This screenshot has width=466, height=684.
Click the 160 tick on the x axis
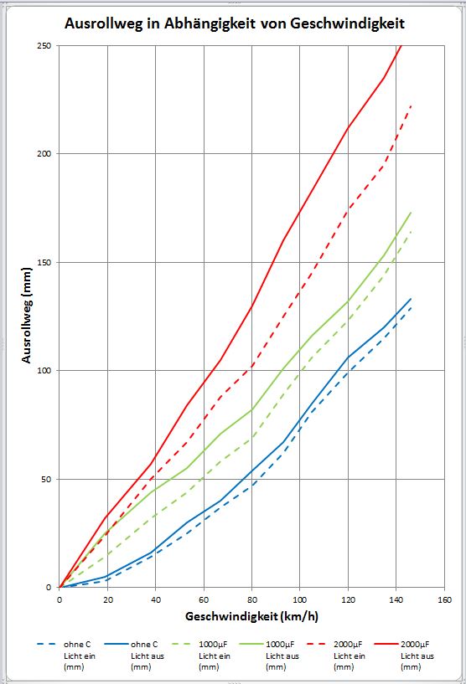[444, 599]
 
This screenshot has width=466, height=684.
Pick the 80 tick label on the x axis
[252, 599]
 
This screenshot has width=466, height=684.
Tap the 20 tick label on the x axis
[108, 599]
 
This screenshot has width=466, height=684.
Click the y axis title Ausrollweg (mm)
[27, 316]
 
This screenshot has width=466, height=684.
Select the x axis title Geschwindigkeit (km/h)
[252, 616]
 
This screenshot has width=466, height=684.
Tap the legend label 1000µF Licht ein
[214, 656]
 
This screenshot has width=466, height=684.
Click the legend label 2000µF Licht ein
[349, 656]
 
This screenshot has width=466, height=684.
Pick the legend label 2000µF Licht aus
[417, 656]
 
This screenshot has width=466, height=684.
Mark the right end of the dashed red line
[411, 105]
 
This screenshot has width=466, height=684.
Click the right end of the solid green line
[411, 213]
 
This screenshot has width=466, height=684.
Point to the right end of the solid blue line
[411, 299]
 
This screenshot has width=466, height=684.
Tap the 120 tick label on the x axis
[348, 599]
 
